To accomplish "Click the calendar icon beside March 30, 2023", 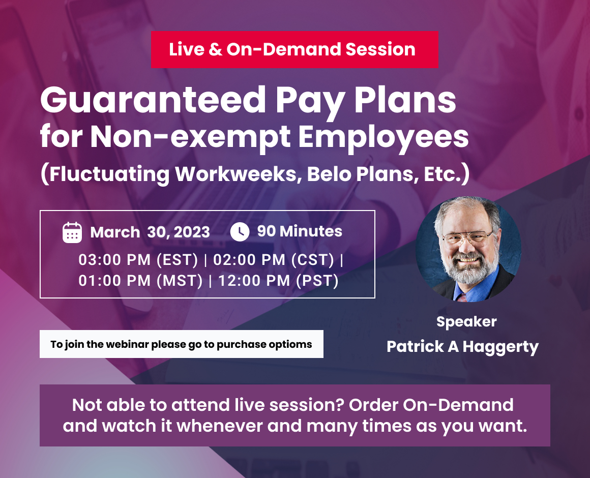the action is coord(72,232).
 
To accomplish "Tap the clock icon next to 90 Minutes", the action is coord(240,232).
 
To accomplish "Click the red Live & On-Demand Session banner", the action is coord(294,50).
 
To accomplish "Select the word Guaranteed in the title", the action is coord(153,100).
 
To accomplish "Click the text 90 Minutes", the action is coord(300,231).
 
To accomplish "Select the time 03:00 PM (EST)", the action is coord(138,260).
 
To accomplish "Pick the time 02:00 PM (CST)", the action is coord(274,260).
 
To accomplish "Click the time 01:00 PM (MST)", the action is coord(140,281).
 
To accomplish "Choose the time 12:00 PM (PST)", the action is coord(278,281).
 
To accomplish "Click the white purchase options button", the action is coord(182,344).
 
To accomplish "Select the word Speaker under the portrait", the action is coord(466,322).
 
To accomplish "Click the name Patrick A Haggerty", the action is coord(462,347).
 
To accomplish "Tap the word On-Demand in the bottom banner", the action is coord(458,405).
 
